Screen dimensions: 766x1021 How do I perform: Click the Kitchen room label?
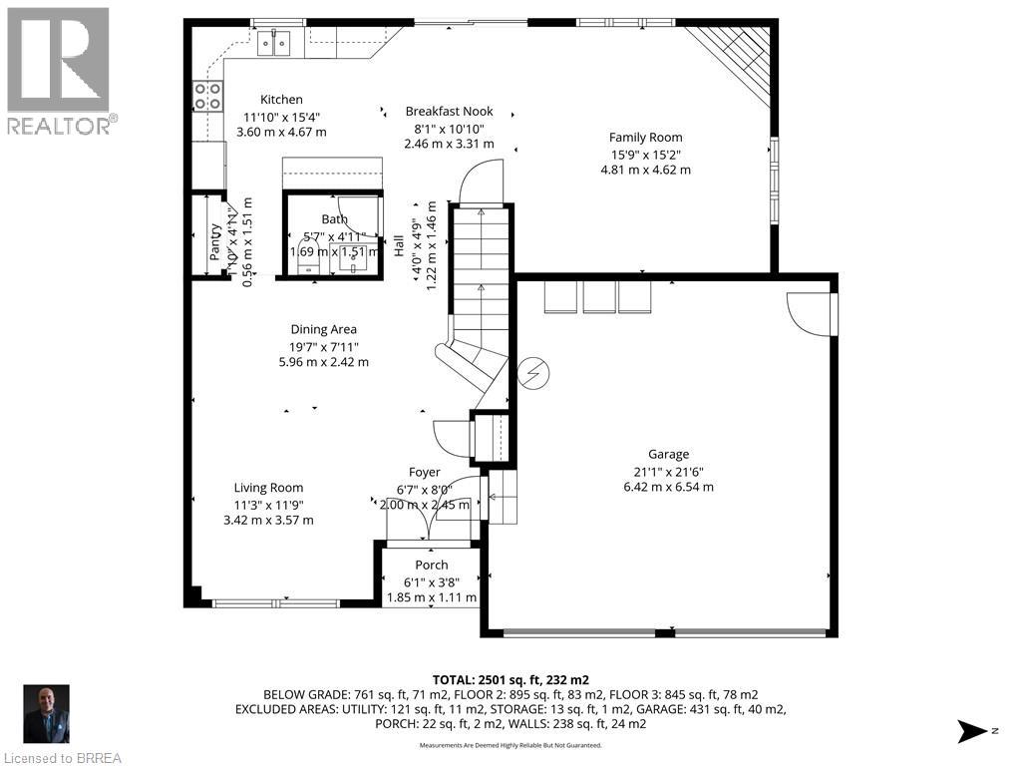point(281,100)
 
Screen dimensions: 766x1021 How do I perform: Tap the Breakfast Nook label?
point(449,112)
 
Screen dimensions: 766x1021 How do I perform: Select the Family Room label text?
point(645,138)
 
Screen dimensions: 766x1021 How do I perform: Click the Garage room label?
point(668,454)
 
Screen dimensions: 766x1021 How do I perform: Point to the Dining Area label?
point(323,329)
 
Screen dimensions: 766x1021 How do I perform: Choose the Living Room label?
point(268,488)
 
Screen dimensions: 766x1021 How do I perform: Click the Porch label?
point(432,566)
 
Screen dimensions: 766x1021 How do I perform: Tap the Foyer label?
point(424,472)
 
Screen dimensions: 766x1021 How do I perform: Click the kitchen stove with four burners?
point(207,96)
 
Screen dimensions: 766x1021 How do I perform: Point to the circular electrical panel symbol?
point(535,373)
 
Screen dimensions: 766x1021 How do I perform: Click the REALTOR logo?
point(59,70)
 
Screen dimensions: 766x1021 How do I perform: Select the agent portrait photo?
point(47,713)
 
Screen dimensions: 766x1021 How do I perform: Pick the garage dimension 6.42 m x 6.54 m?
point(668,488)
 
